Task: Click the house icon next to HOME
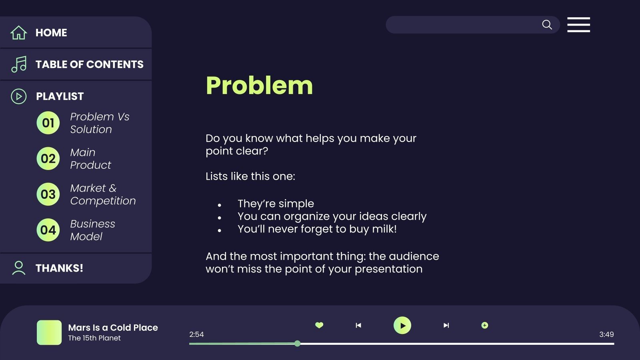[x=18, y=33]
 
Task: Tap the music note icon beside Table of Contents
[x=19, y=64]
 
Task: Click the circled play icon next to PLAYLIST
[x=19, y=96]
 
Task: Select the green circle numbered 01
[x=48, y=123]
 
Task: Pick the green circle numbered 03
[x=48, y=194]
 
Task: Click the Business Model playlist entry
[x=92, y=230]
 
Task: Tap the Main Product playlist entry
[x=90, y=159]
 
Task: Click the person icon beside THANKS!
[x=18, y=268]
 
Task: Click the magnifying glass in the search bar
[x=547, y=25]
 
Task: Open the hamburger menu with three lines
[x=578, y=25]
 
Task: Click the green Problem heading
[x=259, y=86]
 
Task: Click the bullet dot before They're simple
[x=220, y=205]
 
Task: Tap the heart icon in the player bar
[x=319, y=325]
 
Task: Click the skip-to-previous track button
[x=358, y=325]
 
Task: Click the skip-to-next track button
[x=446, y=325]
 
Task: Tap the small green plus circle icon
[x=484, y=325]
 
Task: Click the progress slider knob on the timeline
[x=297, y=344]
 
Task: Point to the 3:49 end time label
[x=606, y=334]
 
